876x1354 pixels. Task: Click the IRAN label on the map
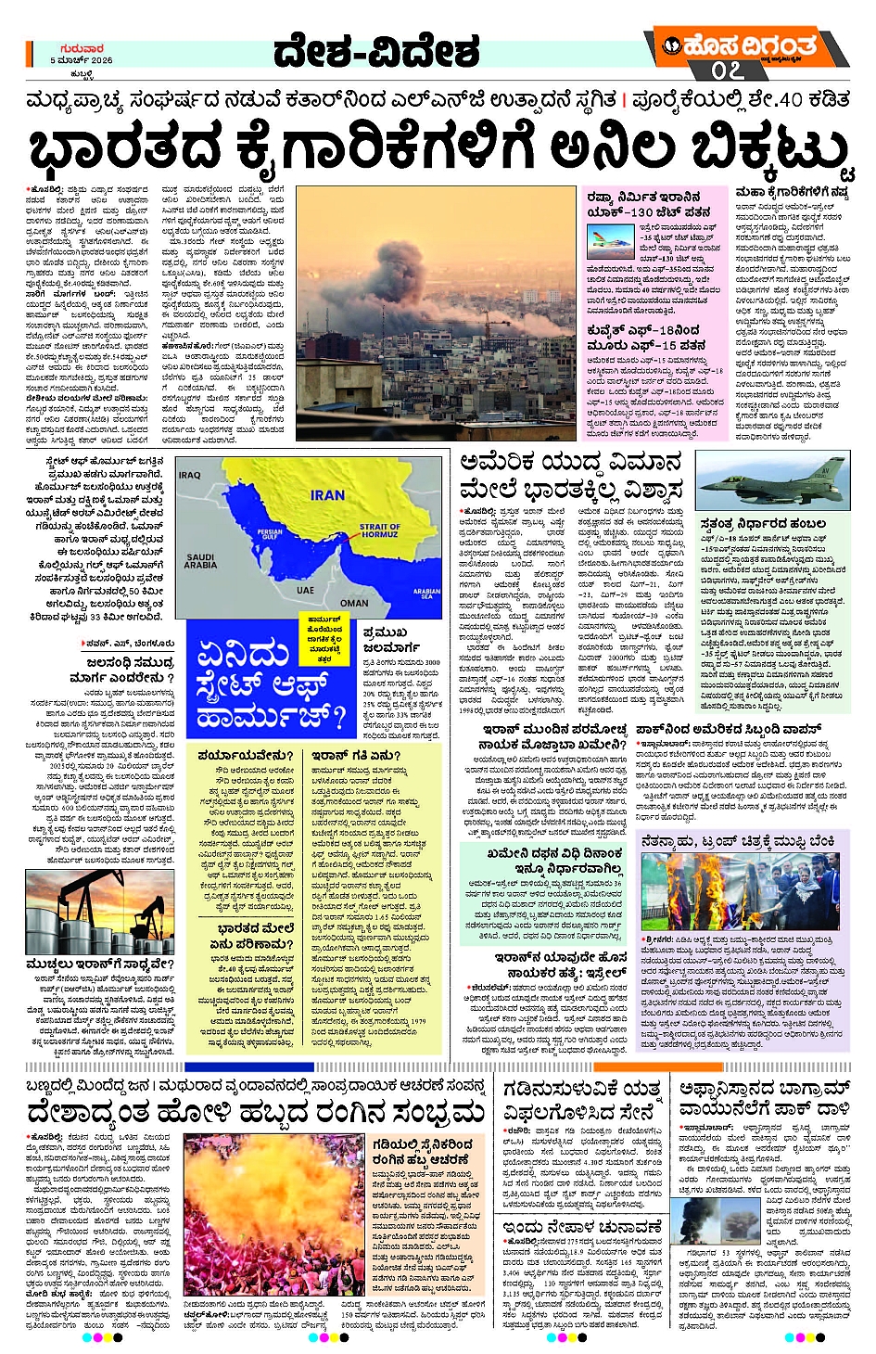point(327,495)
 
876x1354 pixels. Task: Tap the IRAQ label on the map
point(190,475)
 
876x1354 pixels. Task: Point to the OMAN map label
point(354,603)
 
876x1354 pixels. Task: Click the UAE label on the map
point(305,590)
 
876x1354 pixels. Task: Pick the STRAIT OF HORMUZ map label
point(379,530)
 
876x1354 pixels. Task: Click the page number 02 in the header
point(728,70)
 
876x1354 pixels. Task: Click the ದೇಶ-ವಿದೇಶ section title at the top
point(376,53)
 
